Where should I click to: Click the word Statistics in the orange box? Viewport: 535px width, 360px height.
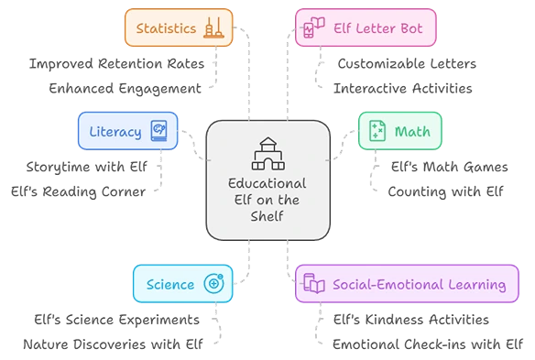point(167,27)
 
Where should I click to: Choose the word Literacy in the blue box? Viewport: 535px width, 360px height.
point(115,131)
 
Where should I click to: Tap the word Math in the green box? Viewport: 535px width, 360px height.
point(412,131)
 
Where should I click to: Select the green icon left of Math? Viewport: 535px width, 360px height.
point(376,131)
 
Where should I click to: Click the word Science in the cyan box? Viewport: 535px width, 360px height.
point(170,284)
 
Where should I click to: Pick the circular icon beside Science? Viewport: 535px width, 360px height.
point(215,284)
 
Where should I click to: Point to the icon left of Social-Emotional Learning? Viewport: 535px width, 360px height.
point(312,285)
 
